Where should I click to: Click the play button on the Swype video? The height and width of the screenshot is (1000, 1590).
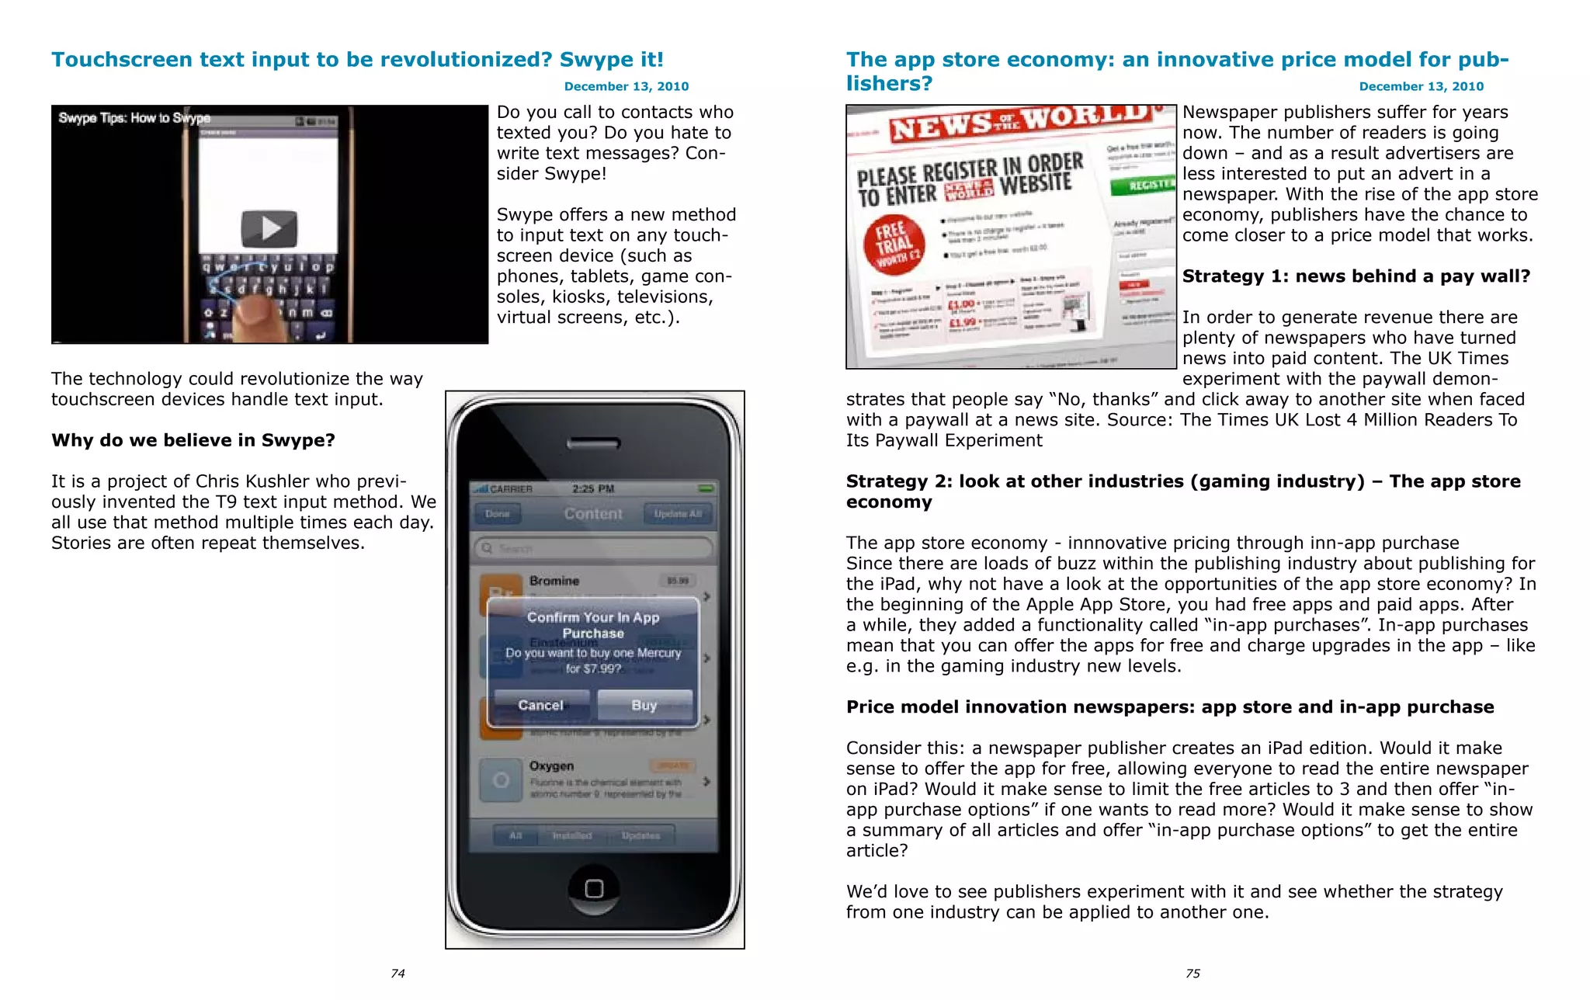pos(269,227)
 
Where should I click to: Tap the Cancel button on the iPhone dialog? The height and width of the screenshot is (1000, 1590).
pos(540,705)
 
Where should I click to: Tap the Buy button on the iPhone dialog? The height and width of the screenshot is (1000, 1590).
pos(644,705)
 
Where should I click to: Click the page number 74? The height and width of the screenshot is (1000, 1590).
pos(397,974)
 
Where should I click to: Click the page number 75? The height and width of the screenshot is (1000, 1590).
pos(1192,974)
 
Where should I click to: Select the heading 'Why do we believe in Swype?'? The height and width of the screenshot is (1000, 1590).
pos(193,440)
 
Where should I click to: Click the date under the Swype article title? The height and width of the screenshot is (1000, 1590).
pos(626,86)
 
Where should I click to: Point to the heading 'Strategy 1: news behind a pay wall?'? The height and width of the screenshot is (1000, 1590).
pos(1356,276)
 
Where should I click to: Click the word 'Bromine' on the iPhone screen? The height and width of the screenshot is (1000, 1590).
pos(554,581)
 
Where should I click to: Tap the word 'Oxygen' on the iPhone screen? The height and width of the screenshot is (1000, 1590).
pos(551,766)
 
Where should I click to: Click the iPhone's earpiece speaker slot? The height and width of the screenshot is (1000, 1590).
pos(594,444)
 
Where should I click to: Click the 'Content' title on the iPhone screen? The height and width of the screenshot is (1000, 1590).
pos(593,513)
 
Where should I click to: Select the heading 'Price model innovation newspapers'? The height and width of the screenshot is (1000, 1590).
pos(1169,707)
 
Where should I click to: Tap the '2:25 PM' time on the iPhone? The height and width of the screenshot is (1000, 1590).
pos(593,488)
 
